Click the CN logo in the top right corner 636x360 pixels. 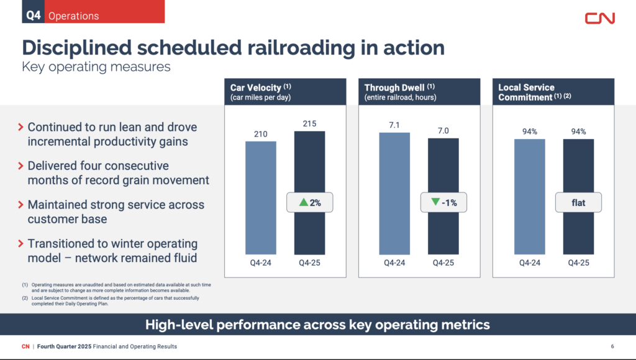(599, 18)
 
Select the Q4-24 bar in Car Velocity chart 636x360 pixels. (261, 199)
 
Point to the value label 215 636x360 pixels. (309, 124)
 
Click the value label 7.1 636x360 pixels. (394, 125)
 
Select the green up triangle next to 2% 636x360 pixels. (303, 202)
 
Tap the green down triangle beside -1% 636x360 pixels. (435, 202)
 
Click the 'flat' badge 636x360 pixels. (578, 202)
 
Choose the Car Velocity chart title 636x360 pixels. (256, 88)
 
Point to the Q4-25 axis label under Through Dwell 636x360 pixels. (443, 263)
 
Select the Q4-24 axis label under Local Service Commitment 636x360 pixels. (529, 263)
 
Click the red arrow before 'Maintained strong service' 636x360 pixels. (22, 205)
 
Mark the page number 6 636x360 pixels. (612, 346)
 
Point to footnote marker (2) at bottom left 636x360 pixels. (25, 298)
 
